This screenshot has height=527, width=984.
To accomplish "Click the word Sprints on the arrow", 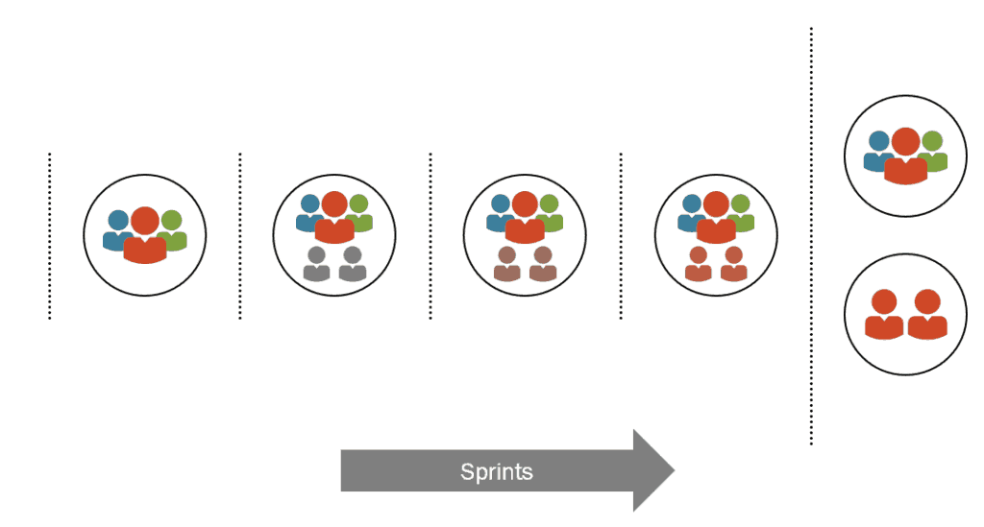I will (496, 471).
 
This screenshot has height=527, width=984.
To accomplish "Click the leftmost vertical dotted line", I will (50, 235).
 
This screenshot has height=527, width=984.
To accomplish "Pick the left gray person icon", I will (316, 263).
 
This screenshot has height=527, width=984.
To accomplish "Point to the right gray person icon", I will (352, 263).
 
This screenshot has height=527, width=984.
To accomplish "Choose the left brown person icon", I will (507, 263).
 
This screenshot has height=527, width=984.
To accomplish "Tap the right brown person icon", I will (543, 263).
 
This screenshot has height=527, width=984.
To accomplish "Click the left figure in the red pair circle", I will (883, 315).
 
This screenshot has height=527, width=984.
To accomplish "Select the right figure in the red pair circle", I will (927, 315).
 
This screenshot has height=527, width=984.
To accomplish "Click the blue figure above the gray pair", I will (308, 211).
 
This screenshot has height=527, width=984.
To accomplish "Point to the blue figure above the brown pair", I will (499, 211).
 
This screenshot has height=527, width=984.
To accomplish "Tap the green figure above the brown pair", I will (551, 211).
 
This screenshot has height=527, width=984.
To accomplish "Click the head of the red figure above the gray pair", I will (334, 204).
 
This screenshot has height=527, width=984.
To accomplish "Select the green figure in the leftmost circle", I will (173, 228).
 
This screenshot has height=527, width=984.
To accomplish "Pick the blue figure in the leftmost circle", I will (117, 228).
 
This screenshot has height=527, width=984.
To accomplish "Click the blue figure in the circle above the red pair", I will (877, 149).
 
